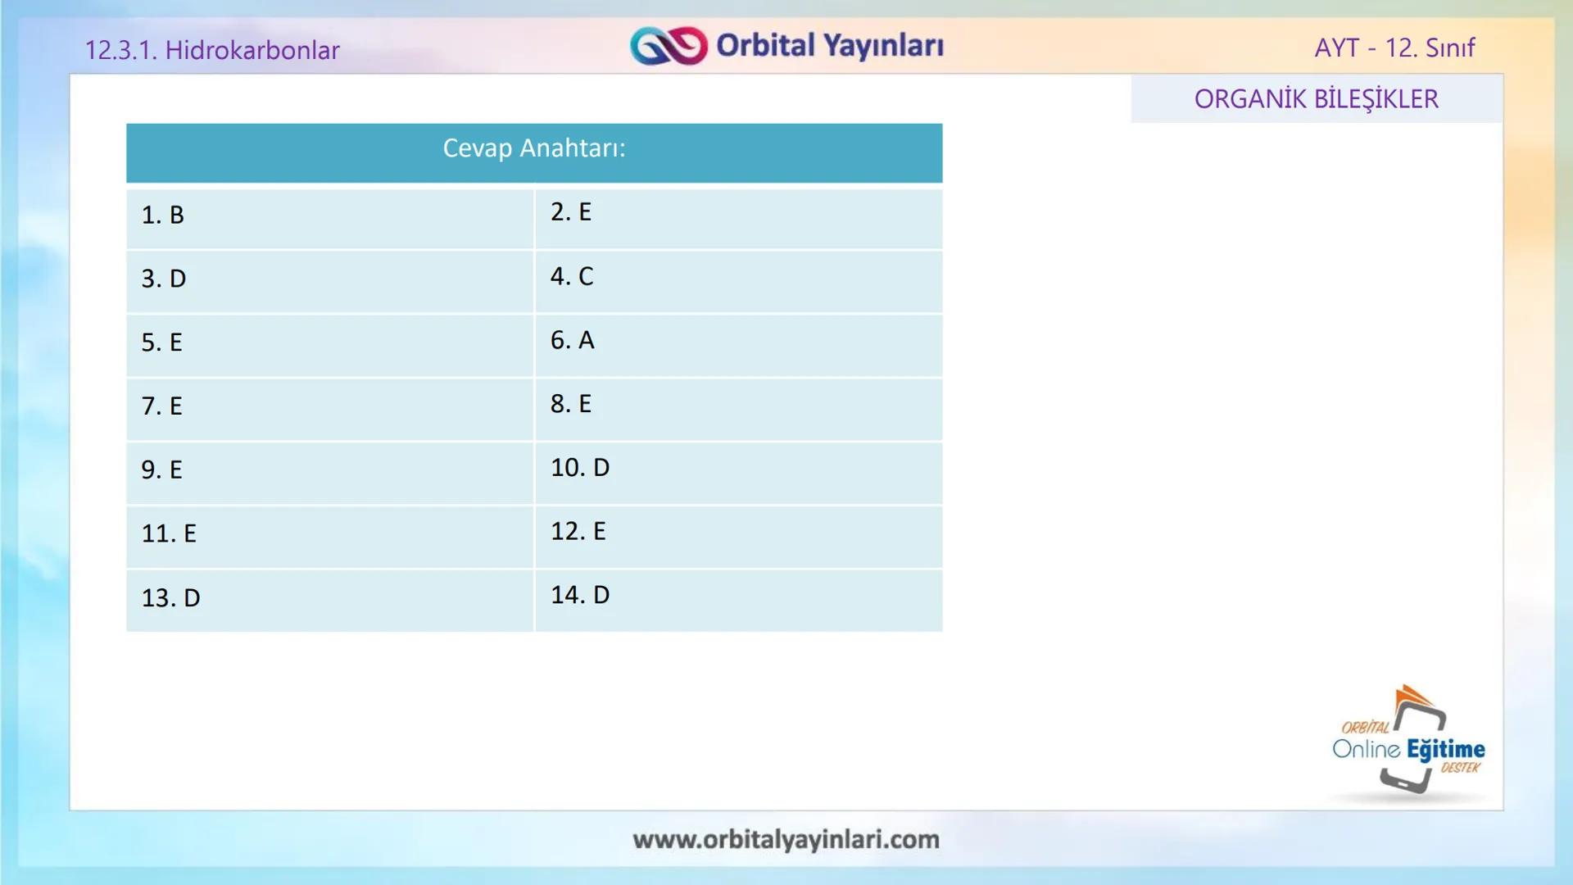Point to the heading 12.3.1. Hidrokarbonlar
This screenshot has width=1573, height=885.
click(212, 51)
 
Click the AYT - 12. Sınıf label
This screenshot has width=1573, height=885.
click(1394, 48)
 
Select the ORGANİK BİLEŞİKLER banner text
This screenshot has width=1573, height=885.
click(1316, 99)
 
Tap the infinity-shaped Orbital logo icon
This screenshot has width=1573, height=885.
click(669, 46)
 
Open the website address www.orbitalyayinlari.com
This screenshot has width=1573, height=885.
click(786, 840)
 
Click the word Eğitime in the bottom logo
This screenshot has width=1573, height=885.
click(1446, 750)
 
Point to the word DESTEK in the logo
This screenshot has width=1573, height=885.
click(1460, 768)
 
